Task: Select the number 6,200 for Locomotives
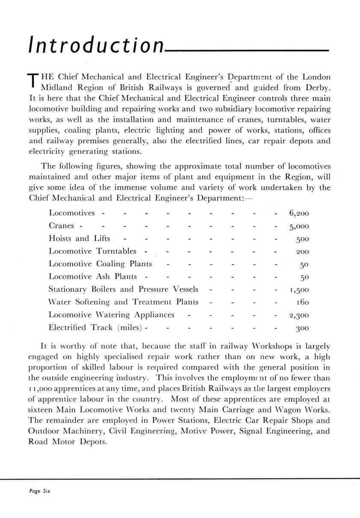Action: [299, 213]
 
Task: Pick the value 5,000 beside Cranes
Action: [299, 226]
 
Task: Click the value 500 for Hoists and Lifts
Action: [302, 239]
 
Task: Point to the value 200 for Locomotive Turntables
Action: [302, 252]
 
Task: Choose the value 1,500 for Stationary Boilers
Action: [299, 290]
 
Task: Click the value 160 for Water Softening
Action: [302, 303]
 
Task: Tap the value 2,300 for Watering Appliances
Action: [299, 316]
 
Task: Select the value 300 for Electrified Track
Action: [302, 329]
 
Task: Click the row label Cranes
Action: [62, 225]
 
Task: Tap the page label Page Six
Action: [37, 491]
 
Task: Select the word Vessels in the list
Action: [184, 290]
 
